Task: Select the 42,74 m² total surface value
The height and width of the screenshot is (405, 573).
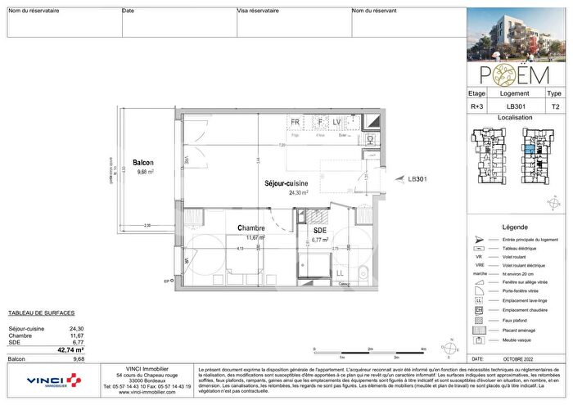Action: pos(71,349)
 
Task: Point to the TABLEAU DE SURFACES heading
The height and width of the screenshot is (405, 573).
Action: pos(41,313)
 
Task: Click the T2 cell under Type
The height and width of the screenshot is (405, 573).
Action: pos(555,106)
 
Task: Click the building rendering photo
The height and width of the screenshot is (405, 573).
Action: pos(514,34)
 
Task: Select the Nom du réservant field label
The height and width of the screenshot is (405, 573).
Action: pos(374,11)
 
